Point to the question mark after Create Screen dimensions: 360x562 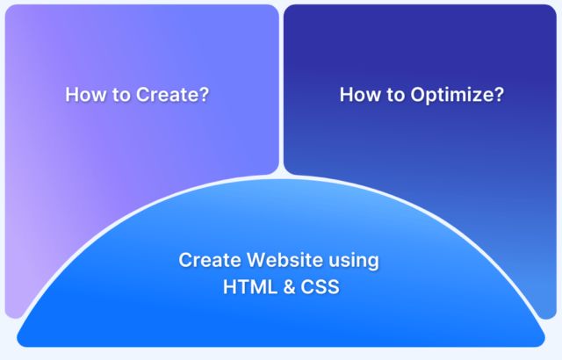(x=204, y=94)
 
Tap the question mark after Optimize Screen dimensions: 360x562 (x=499, y=94)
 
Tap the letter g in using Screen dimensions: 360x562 (x=373, y=263)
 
